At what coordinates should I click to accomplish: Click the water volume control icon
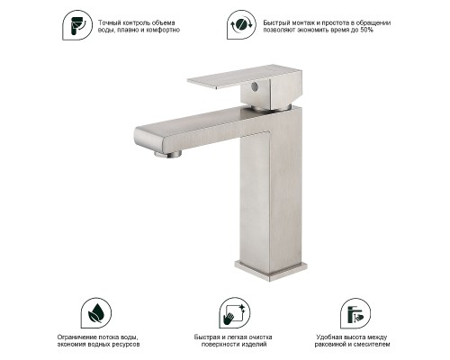pos(77,25)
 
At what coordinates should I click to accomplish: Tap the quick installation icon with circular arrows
pos(241,24)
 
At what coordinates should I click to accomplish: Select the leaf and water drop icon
pos(96,313)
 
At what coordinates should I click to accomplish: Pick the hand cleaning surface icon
pos(235,313)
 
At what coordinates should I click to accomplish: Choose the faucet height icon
pos(355,313)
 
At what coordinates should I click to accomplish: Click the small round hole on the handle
pos(254,86)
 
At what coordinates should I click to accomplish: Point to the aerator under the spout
pos(168,154)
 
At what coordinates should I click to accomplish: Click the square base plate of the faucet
pos(271,271)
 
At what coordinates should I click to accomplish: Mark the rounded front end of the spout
pos(141,138)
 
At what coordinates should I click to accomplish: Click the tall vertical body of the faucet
pos(271,195)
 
